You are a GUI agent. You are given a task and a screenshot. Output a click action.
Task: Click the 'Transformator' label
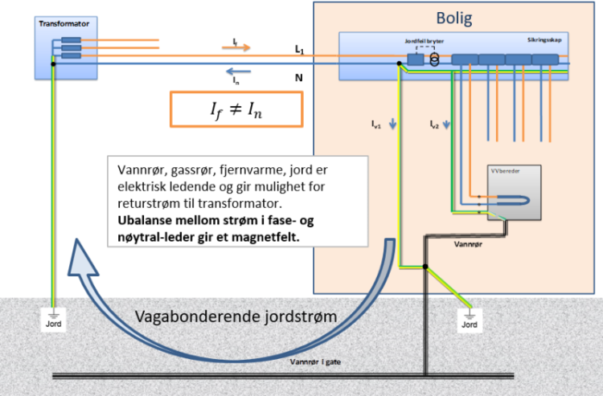pos(64,24)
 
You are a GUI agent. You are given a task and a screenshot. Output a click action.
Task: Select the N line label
pos(298,77)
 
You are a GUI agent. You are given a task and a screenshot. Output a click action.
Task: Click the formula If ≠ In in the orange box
pos(236,109)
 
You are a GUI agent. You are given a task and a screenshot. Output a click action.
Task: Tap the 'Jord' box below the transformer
pos(52,324)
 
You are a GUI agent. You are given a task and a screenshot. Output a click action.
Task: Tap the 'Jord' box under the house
pos(470,324)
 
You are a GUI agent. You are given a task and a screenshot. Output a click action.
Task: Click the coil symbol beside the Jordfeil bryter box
pos(435,59)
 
